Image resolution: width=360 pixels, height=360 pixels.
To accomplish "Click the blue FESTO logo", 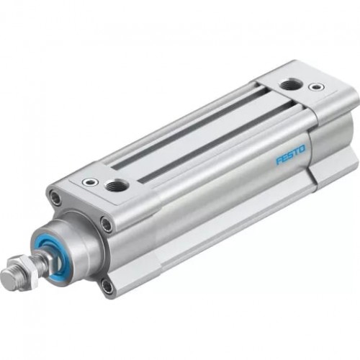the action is click(290, 155).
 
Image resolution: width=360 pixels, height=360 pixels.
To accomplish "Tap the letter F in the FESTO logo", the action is click(278, 161).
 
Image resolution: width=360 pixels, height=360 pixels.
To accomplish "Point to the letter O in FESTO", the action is click(302, 149).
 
